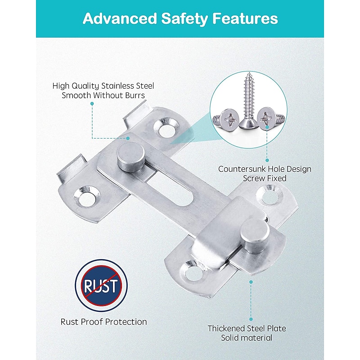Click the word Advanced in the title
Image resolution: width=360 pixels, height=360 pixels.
(119, 18)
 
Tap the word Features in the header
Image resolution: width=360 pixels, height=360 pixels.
(245, 18)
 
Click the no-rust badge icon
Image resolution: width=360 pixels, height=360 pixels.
(101, 285)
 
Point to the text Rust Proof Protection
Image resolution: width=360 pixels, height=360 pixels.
(103, 322)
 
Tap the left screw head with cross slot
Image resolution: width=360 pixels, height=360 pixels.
(228, 120)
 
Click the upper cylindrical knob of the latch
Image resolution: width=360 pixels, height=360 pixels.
(131, 157)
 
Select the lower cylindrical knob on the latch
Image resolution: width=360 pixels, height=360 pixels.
(255, 236)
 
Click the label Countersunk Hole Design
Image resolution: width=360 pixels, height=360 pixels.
(265, 169)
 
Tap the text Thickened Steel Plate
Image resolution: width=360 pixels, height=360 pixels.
(247, 328)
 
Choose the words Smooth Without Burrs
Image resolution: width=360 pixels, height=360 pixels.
(103, 95)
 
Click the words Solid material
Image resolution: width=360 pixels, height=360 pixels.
(247, 338)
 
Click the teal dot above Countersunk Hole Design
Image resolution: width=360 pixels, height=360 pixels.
(267, 160)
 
